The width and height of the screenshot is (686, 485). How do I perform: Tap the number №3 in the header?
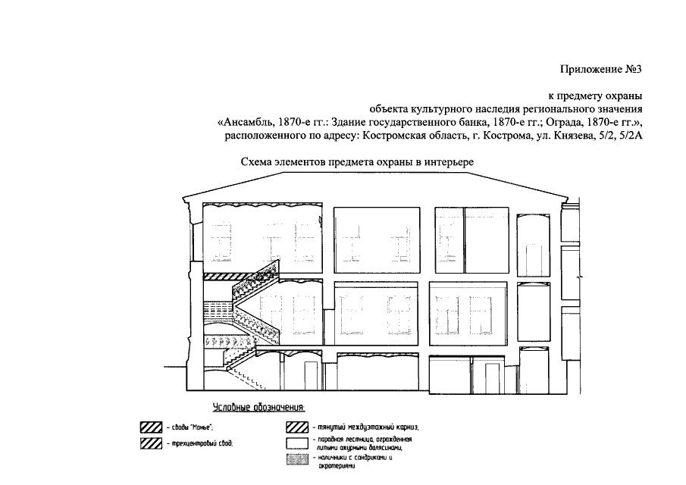(x=634, y=70)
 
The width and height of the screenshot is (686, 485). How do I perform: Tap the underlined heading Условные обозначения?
(x=258, y=408)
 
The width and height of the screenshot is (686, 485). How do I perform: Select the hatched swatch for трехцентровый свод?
(x=151, y=443)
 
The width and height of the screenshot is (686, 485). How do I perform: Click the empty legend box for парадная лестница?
(x=296, y=443)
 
